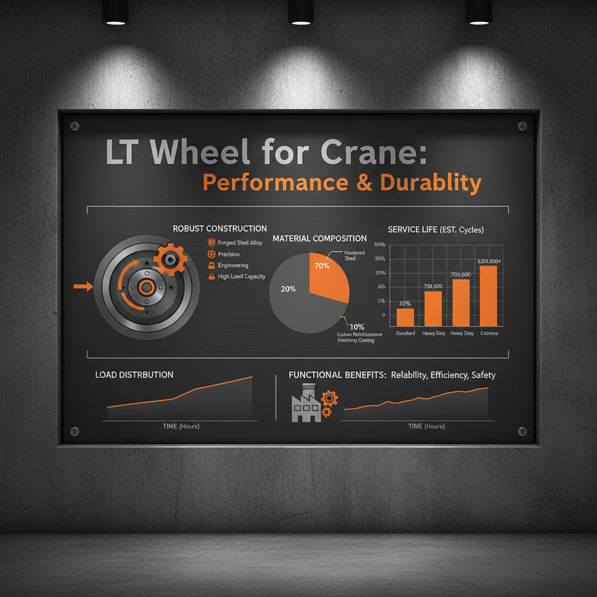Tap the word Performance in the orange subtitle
[x=276, y=182]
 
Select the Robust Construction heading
[x=220, y=229]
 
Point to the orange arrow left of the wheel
[x=83, y=286]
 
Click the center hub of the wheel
[x=146, y=287]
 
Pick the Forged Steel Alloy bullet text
[x=240, y=243]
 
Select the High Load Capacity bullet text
[x=241, y=276]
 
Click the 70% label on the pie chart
[x=322, y=266]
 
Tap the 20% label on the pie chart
[x=288, y=289]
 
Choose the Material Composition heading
[x=319, y=238]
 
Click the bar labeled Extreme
[x=489, y=296]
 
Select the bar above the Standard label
[x=405, y=317]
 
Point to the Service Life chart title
[x=436, y=230]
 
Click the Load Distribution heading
[x=134, y=375]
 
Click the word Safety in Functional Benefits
[x=483, y=375]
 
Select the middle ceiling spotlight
[x=301, y=13]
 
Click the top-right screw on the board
[x=521, y=126]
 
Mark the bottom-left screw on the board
[x=75, y=431]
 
